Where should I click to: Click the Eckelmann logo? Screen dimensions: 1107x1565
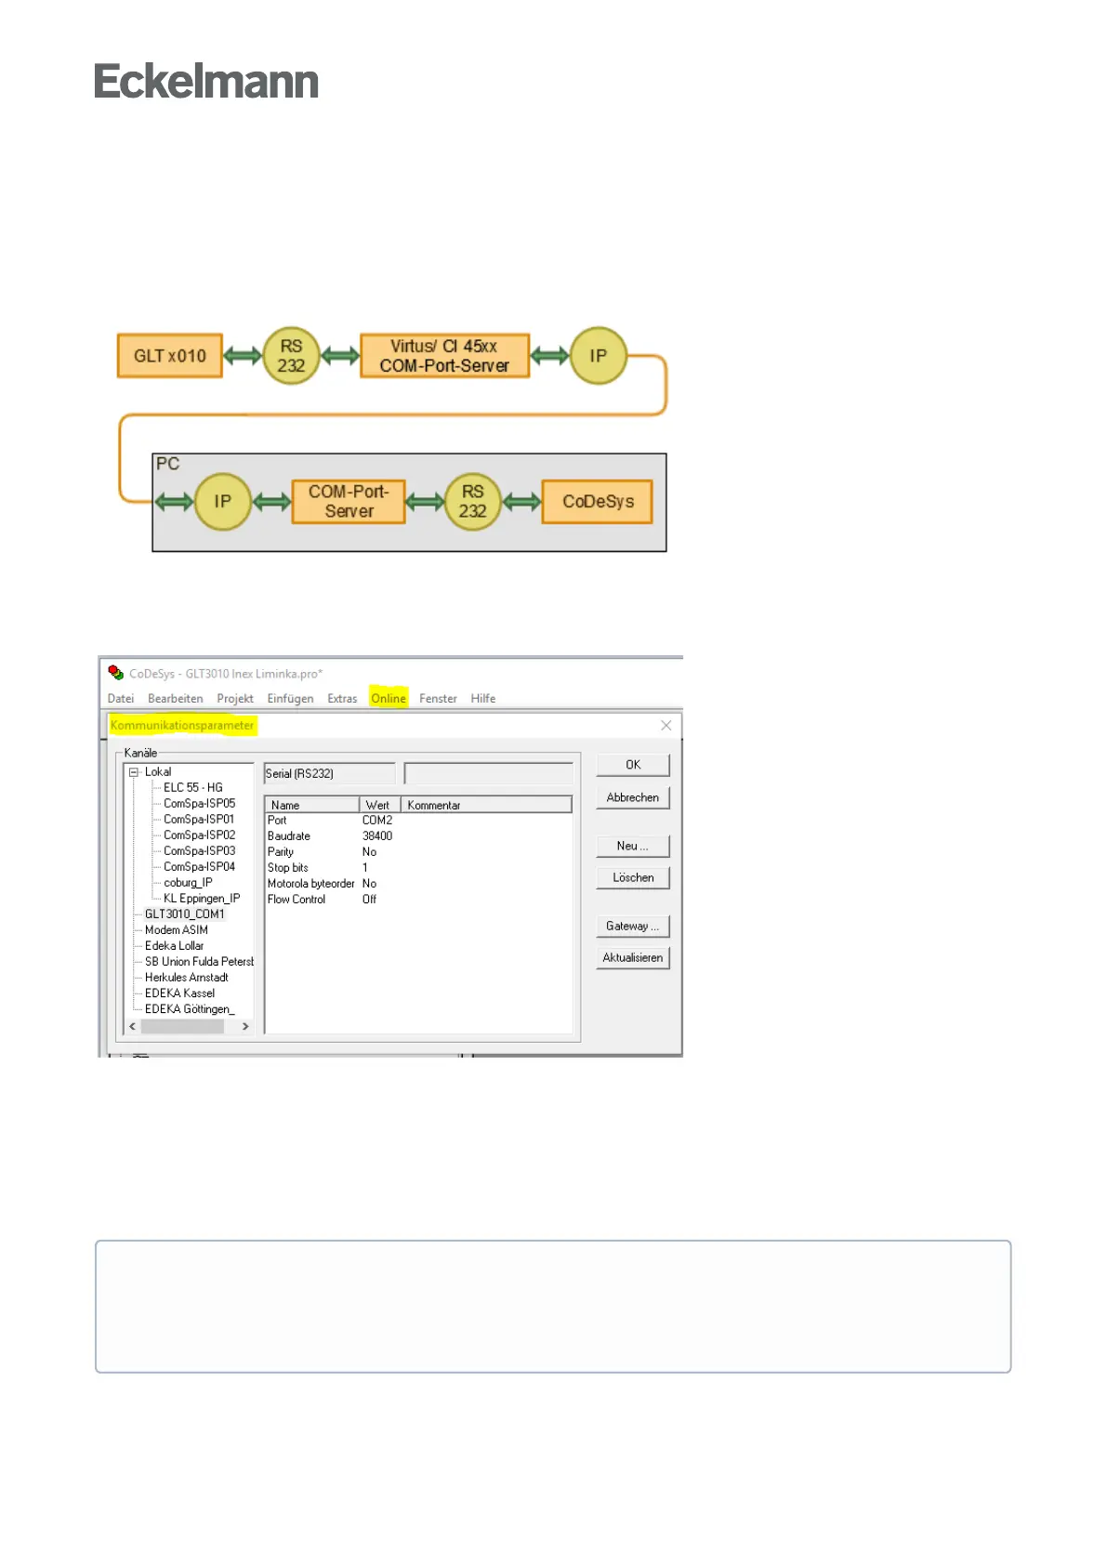click(206, 82)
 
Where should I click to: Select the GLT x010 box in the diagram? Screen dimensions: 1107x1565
click(169, 356)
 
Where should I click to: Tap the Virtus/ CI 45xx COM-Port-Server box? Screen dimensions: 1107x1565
click(444, 356)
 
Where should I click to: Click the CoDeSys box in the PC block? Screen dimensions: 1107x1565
click(598, 502)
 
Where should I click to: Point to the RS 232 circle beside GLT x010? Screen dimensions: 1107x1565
click(291, 356)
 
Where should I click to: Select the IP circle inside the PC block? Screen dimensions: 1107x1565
click(222, 502)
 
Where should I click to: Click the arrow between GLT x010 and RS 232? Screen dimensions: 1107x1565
click(243, 356)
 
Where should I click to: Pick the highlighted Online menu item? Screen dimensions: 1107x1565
click(389, 699)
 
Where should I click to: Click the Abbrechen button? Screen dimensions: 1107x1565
click(632, 798)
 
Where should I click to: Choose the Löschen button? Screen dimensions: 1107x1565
click(632, 878)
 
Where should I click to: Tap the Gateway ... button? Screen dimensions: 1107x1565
click(632, 927)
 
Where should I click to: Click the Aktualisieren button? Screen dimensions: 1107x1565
click(632, 958)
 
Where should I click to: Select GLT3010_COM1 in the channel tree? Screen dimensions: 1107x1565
click(184, 914)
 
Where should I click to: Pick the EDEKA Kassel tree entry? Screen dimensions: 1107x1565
click(179, 993)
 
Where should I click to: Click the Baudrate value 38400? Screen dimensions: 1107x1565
click(377, 836)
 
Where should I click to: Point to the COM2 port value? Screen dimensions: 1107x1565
click(377, 821)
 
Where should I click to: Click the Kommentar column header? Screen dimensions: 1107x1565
click(434, 806)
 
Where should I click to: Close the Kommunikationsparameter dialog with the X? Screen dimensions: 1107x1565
click(666, 726)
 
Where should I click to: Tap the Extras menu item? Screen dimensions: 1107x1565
click(342, 699)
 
